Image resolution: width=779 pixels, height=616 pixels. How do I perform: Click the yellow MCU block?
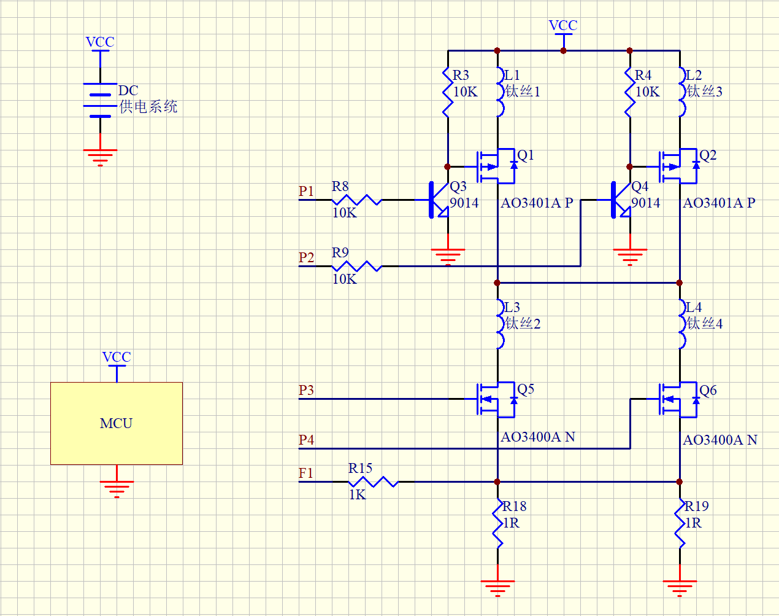[x=116, y=423]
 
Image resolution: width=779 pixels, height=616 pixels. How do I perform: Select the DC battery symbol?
[x=100, y=100]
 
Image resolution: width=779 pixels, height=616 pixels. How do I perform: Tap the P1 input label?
[x=306, y=192]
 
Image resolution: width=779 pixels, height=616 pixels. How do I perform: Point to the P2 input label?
[x=306, y=258]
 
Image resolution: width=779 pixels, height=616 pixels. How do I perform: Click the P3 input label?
[x=306, y=391]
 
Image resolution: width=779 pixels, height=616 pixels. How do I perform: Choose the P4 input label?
[x=306, y=440]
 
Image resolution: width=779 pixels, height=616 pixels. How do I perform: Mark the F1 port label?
[x=305, y=474]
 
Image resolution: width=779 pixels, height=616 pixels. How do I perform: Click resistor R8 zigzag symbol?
[x=356, y=200]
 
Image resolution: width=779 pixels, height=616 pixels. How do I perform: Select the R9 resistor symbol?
[x=356, y=266]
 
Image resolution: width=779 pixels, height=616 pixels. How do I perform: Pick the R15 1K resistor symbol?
[x=373, y=481]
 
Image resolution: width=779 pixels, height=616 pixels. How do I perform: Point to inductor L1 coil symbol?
[x=499, y=92]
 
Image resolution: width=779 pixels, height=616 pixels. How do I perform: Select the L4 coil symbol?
[x=681, y=324]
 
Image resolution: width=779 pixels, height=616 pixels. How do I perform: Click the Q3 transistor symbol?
[x=437, y=200]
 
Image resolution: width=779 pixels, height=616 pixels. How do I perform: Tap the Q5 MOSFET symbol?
[x=496, y=399]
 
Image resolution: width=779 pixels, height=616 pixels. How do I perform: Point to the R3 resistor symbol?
[x=448, y=92]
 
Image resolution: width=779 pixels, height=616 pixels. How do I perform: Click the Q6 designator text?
[x=708, y=391]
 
